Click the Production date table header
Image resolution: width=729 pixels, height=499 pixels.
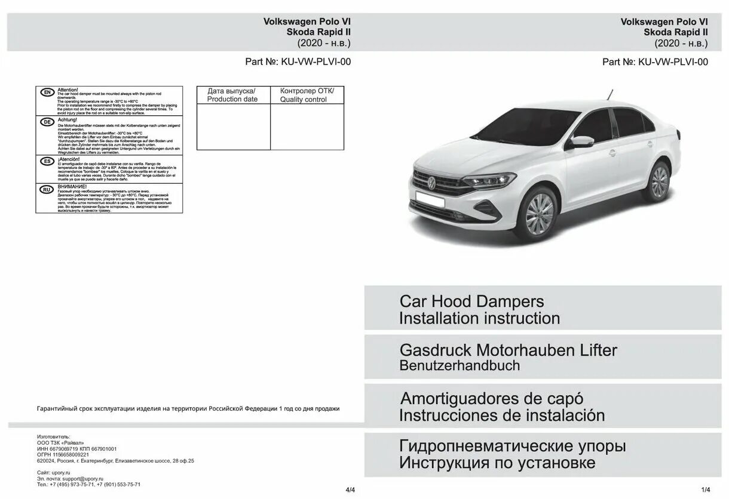[233, 95]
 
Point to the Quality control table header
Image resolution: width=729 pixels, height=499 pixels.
[307, 95]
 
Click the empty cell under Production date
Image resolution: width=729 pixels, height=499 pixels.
[233, 127]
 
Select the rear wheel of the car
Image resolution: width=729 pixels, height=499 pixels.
[658, 181]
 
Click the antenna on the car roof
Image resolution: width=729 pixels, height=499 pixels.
[611, 94]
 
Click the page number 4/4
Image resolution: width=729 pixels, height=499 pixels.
[350, 490]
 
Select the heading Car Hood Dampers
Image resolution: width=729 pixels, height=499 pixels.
[471, 301]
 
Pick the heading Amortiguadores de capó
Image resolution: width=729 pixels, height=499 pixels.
[491, 398]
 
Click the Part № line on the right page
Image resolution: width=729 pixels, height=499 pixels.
[655, 61]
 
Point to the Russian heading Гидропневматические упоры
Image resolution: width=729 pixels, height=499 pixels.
[513, 446]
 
